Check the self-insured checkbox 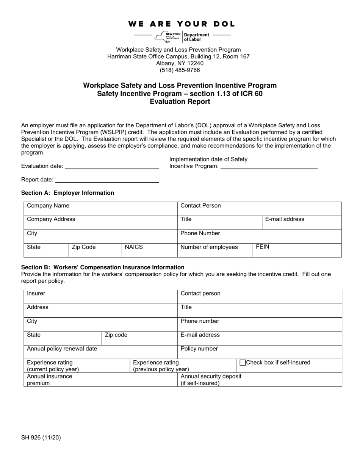click(243, 363)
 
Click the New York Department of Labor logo click(182, 36)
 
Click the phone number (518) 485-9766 click(180, 70)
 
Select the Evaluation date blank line click(112, 166)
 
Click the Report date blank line click(107, 180)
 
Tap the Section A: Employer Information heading click(67, 193)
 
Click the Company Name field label click(48, 206)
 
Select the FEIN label click(263, 247)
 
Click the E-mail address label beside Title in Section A click(284, 219)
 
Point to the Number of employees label click(209, 247)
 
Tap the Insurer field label click(36, 294)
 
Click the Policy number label click(199, 349)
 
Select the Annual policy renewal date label click(62, 349)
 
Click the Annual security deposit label click(211, 377)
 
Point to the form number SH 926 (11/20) click(41, 438)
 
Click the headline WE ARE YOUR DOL click(182, 24)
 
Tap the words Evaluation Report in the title click(180, 102)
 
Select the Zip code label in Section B click(116, 335)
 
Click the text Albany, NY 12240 click(180, 63)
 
